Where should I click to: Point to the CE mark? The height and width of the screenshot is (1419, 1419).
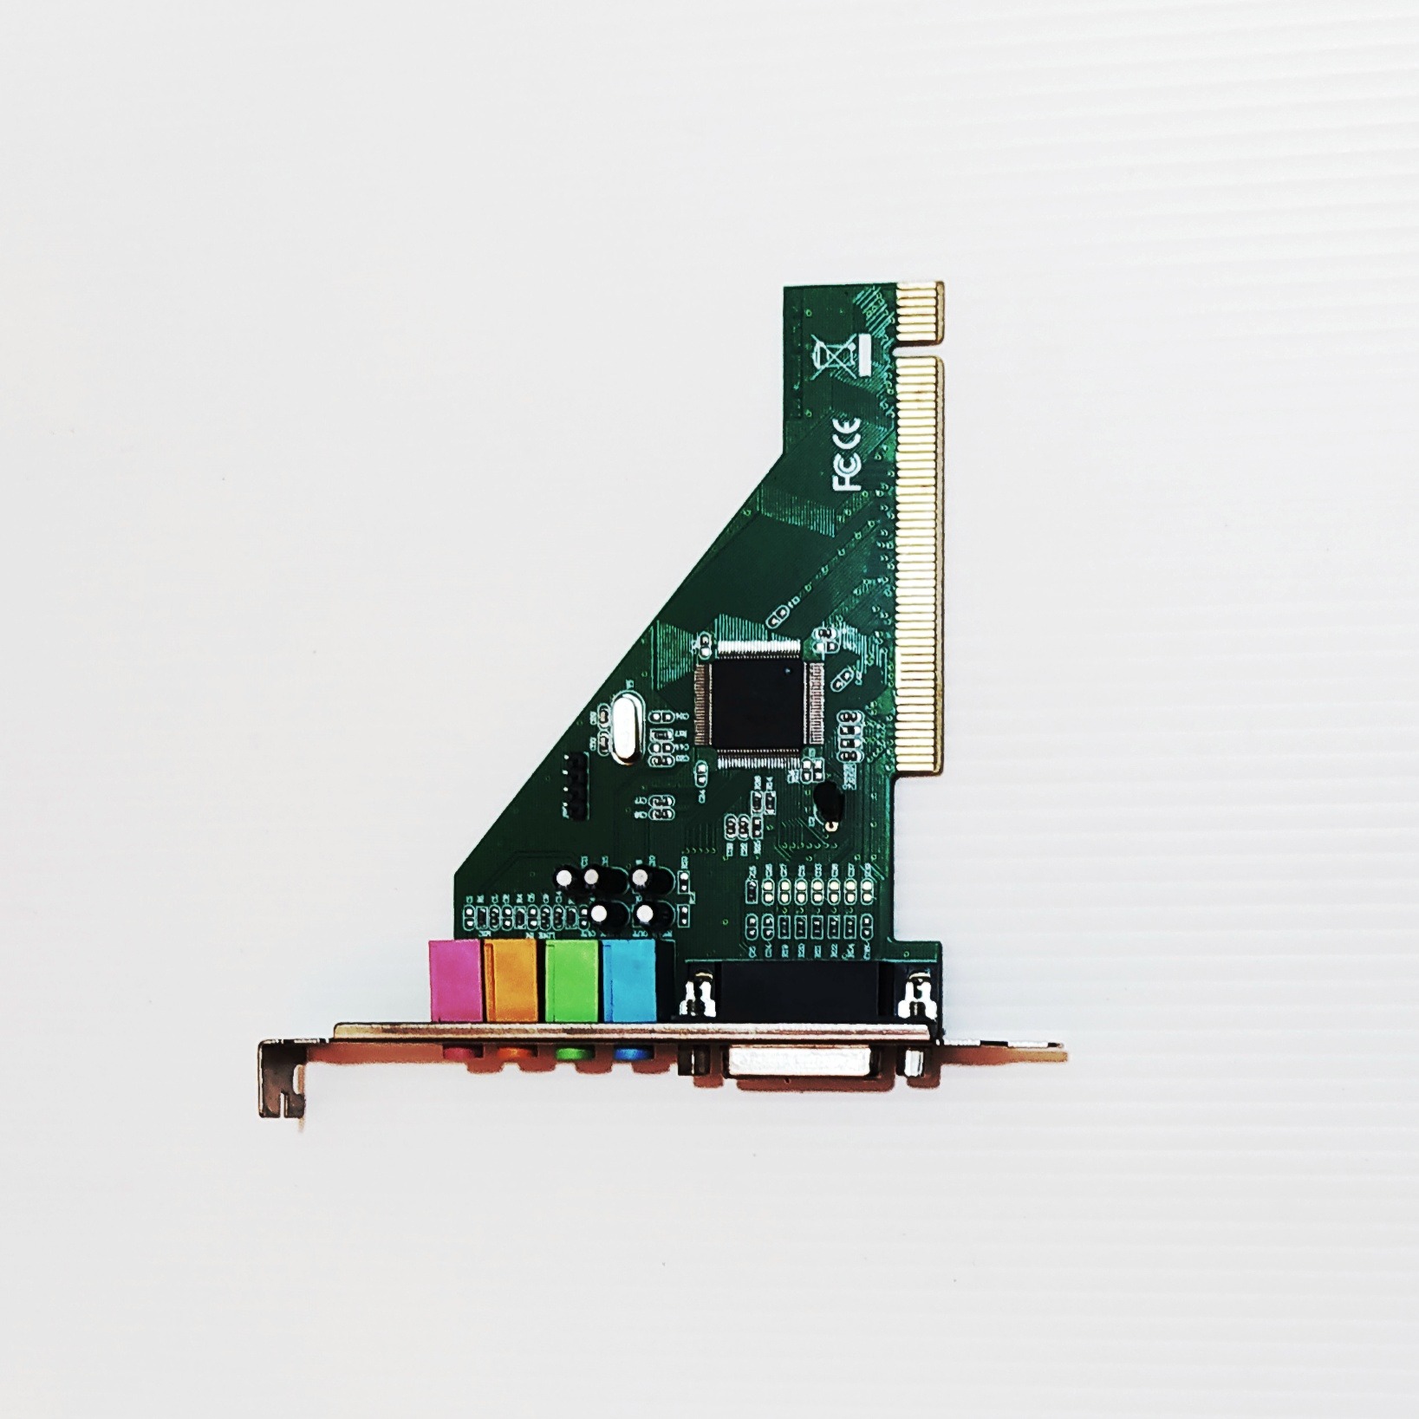(x=847, y=431)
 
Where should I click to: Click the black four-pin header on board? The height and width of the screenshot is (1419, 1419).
(x=575, y=785)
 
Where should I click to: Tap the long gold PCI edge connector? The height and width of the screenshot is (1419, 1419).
(x=919, y=563)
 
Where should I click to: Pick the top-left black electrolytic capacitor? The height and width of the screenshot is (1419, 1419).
(x=563, y=877)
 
